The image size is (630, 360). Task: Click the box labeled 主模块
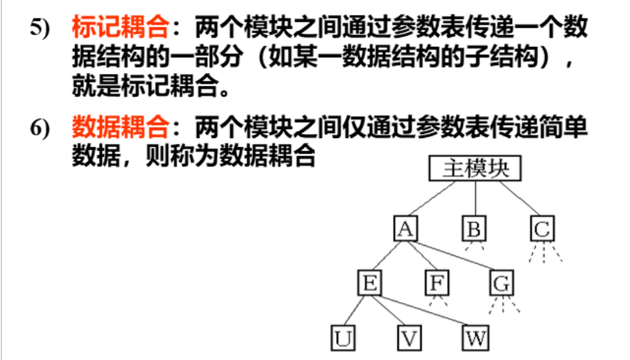point(475,169)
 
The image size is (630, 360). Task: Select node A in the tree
point(405,228)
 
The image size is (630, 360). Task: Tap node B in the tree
point(474,228)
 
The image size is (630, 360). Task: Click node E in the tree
point(369,283)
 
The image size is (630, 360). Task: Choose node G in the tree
point(501,283)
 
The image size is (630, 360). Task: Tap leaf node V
point(408,338)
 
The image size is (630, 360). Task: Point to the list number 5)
point(39,30)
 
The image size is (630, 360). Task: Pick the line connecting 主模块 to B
point(475,199)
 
